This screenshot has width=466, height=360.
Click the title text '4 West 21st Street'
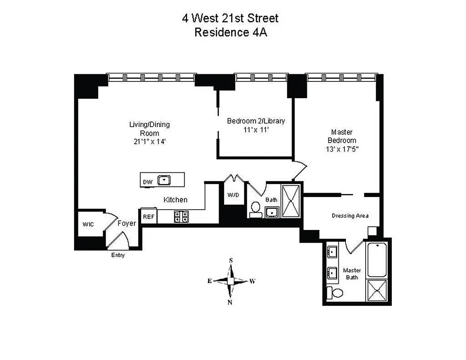pos(230,18)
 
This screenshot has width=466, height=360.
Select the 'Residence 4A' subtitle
pos(230,33)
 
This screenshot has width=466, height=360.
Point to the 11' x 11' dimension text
pos(255,130)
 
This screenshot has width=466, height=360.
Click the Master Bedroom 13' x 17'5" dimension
pos(341,148)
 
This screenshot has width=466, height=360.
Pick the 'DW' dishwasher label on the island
pos(148,182)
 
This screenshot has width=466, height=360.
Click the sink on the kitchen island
pos(165,180)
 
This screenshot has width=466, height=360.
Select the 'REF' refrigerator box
pos(149,216)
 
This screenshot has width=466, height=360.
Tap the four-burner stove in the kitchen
pos(181,216)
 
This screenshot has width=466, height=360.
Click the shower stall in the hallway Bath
pos(291,201)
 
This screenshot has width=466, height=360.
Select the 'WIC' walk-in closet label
pos(88,224)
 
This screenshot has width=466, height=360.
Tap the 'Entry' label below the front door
pos(118,256)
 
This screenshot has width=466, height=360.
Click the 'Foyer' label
pos(126,223)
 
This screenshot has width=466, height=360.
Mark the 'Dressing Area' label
pos(350,216)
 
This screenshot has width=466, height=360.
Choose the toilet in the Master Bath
pos(335,292)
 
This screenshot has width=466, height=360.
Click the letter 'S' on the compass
pos(231,261)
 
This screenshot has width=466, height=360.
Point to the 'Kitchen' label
pos(175,200)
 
